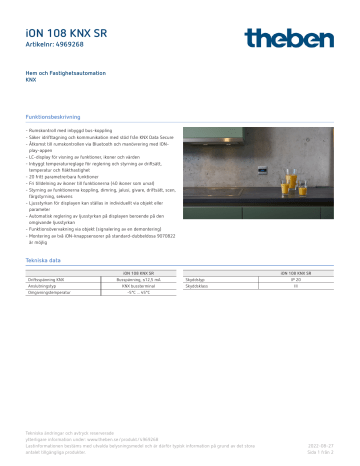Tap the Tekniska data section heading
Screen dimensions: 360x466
coord(44,259)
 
